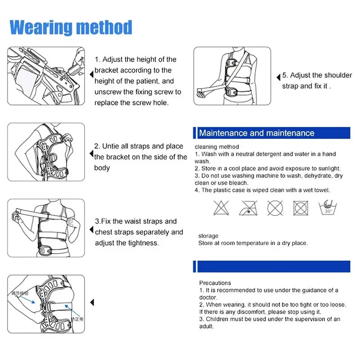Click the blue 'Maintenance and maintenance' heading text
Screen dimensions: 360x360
256,133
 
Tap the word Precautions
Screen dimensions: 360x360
215,283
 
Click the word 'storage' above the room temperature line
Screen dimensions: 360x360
208,236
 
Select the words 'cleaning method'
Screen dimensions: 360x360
217,147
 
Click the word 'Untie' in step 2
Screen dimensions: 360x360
112,146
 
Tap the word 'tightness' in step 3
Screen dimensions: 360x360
143,243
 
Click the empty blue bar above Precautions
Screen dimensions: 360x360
272,266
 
